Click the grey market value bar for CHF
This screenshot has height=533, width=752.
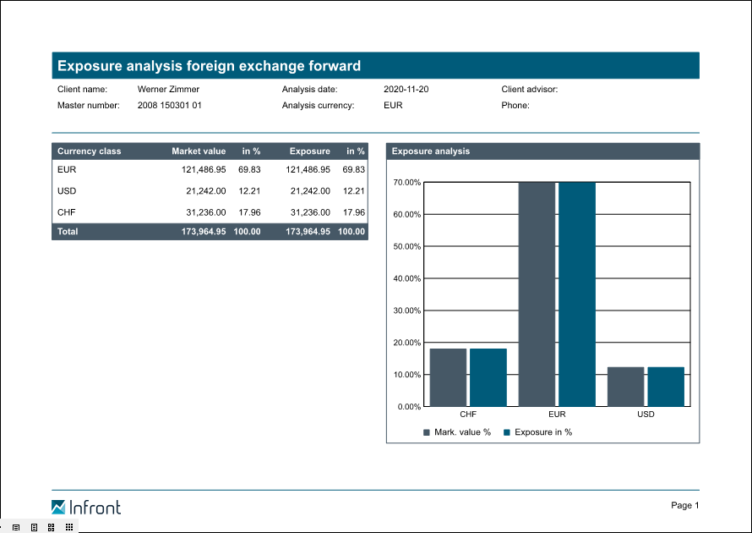pyautogui.click(x=448, y=377)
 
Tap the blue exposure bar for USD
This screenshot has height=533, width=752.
pyautogui.click(x=666, y=387)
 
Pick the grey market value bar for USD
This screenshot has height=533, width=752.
pyautogui.click(x=625, y=387)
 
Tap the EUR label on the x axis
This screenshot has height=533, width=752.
pyautogui.click(x=557, y=415)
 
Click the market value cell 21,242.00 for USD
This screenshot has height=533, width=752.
pyautogui.click(x=205, y=191)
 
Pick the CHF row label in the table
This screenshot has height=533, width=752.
pyautogui.click(x=67, y=212)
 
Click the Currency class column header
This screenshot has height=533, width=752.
pyautogui.click(x=89, y=151)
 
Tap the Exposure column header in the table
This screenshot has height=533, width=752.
pyautogui.click(x=309, y=151)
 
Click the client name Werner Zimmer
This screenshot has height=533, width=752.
pyautogui.click(x=168, y=89)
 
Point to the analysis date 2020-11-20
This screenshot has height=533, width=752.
pyautogui.click(x=406, y=89)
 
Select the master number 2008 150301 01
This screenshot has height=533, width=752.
pyautogui.click(x=169, y=106)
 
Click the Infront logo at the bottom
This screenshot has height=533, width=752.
pyautogui.click(x=85, y=507)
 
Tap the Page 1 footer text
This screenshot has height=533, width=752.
pyautogui.click(x=684, y=505)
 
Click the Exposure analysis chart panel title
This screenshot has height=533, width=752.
pyautogui.click(x=430, y=151)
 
